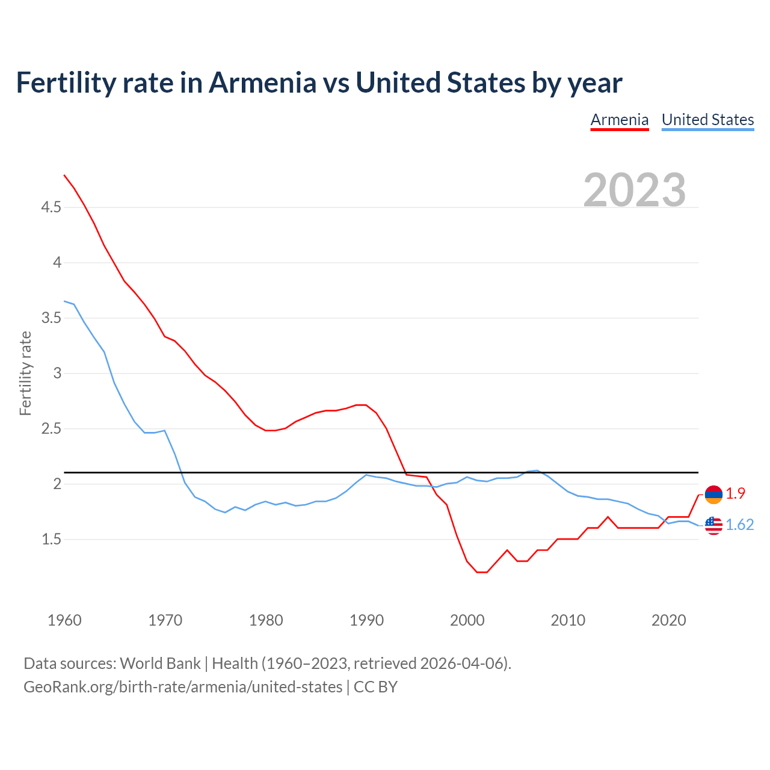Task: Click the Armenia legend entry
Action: coord(619,120)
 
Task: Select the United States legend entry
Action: coord(707,120)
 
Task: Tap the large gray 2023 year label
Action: coord(635,190)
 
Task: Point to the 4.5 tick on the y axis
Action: coord(51,208)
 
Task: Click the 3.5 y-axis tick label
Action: coord(51,318)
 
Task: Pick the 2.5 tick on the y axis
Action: coord(51,429)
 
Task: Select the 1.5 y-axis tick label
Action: coord(51,540)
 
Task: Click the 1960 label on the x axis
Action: coord(64,620)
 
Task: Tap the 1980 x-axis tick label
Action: coord(266,620)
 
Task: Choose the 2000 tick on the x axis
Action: coord(467,620)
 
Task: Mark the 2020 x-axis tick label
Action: coord(668,620)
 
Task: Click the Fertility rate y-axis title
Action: coord(25,373)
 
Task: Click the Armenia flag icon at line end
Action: coord(713,494)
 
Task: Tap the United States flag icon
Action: coord(713,525)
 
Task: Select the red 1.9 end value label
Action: coord(735,493)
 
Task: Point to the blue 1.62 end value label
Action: coord(739,525)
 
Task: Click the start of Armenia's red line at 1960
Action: coord(64,175)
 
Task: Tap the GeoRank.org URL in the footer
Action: coord(182,686)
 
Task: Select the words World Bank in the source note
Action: coord(160,664)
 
